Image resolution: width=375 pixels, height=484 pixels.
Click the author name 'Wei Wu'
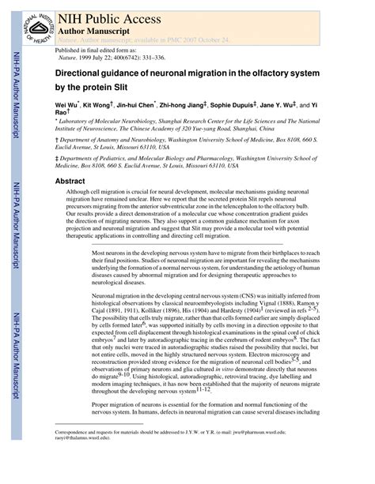pyautogui.click(x=66, y=104)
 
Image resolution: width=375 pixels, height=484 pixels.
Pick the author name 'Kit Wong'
pyautogui.click(x=99, y=104)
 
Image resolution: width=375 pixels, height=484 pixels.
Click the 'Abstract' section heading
pyautogui.click(x=70, y=181)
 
